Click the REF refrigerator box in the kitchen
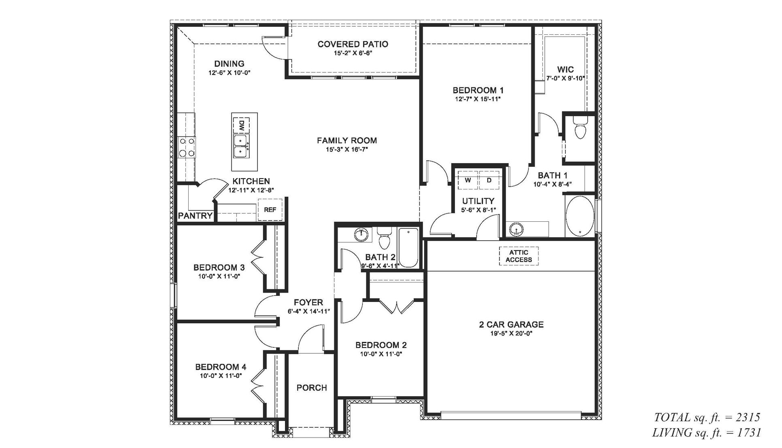[x=270, y=210]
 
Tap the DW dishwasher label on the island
[x=241, y=125]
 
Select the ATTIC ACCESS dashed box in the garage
[x=518, y=256]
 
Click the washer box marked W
[x=468, y=180]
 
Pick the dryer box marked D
[x=489, y=180]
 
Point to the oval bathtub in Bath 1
[x=580, y=217]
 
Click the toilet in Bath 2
[x=384, y=239]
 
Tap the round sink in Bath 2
[x=361, y=234]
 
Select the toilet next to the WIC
[x=580, y=130]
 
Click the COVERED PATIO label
[x=353, y=44]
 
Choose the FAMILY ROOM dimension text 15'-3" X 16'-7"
[x=347, y=149]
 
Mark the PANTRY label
[x=195, y=216]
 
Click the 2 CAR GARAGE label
[x=511, y=324]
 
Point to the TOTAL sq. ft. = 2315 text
[x=707, y=417]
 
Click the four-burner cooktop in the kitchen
[x=186, y=147]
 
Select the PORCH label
[x=311, y=388]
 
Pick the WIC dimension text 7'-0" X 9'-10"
[x=565, y=78]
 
